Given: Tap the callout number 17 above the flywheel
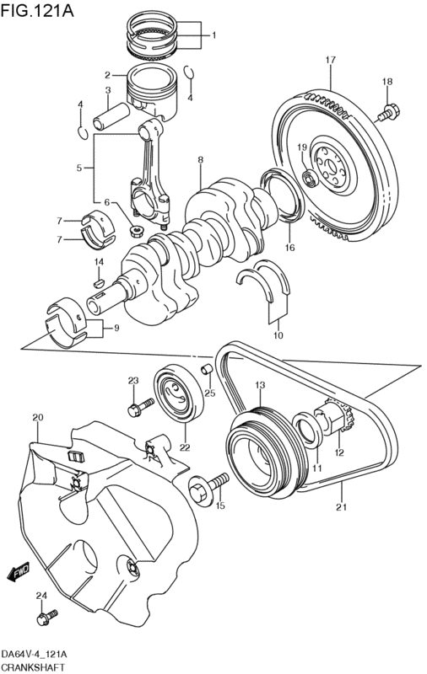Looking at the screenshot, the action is pyautogui.click(x=330, y=60).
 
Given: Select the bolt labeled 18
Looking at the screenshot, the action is pyautogui.click(x=389, y=113).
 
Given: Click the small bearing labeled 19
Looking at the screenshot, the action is pyautogui.click(x=310, y=179).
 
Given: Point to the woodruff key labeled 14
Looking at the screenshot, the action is pyautogui.click(x=99, y=283).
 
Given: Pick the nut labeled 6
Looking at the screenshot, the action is pyautogui.click(x=137, y=232).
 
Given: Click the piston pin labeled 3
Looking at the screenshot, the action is pyautogui.click(x=111, y=116).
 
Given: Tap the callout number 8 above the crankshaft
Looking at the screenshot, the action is pyautogui.click(x=201, y=160).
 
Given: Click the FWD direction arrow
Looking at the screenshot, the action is pyautogui.click(x=18, y=572).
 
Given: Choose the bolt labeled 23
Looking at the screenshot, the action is pyautogui.click(x=141, y=407).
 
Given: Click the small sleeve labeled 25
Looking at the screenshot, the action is pyautogui.click(x=208, y=370).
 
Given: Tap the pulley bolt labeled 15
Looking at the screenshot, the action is pyautogui.click(x=208, y=487).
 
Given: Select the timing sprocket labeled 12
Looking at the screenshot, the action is pyautogui.click(x=335, y=419).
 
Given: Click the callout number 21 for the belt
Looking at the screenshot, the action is pyautogui.click(x=341, y=507).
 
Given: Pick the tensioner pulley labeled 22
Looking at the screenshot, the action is pyautogui.click(x=179, y=393).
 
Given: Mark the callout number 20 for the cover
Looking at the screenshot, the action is pyautogui.click(x=38, y=417).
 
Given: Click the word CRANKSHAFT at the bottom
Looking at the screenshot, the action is pyautogui.click(x=33, y=668).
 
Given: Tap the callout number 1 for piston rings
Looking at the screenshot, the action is pyautogui.click(x=214, y=35).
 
